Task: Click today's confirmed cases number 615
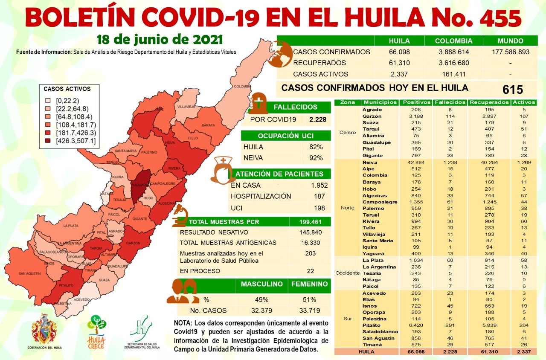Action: (x=512, y=90)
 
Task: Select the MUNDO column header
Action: (x=510, y=41)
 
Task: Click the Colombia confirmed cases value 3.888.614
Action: (x=453, y=52)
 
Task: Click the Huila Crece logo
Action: (x=96, y=331)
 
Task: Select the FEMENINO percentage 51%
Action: (x=309, y=299)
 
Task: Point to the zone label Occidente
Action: (x=347, y=273)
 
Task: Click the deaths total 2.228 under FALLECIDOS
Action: (x=318, y=119)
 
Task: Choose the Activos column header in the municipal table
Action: (x=524, y=102)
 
